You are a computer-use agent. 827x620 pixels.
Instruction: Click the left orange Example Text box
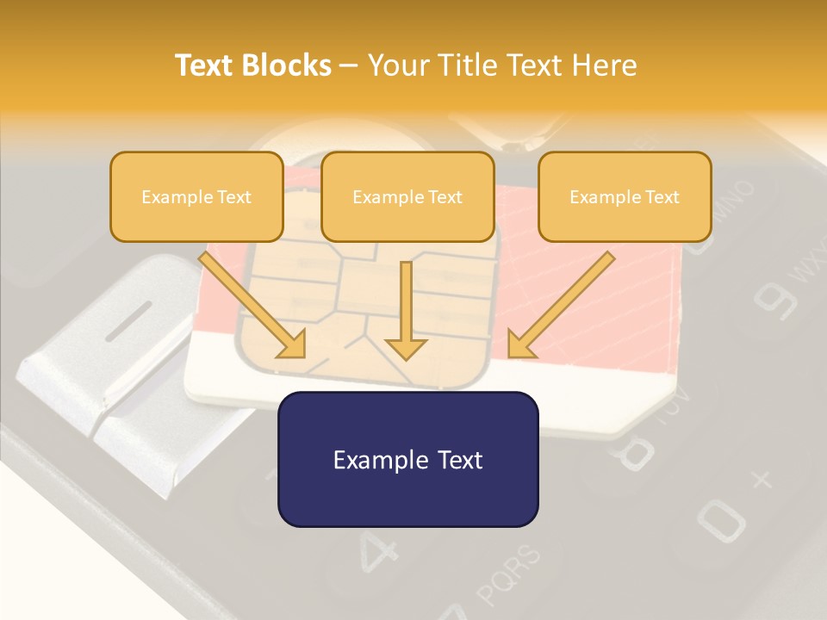[x=196, y=196]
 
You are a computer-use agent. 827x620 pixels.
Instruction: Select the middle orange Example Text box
[x=407, y=196]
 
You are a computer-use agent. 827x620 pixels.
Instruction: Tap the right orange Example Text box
[x=625, y=196]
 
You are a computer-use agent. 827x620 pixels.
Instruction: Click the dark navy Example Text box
[x=407, y=459]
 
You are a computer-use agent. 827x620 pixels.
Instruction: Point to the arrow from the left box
[x=254, y=306]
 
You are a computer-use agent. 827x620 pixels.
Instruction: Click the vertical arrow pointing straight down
[x=406, y=310]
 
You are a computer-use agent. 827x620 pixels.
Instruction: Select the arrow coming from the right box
[x=560, y=306]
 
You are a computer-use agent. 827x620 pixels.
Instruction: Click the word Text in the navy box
[x=457, y=459]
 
